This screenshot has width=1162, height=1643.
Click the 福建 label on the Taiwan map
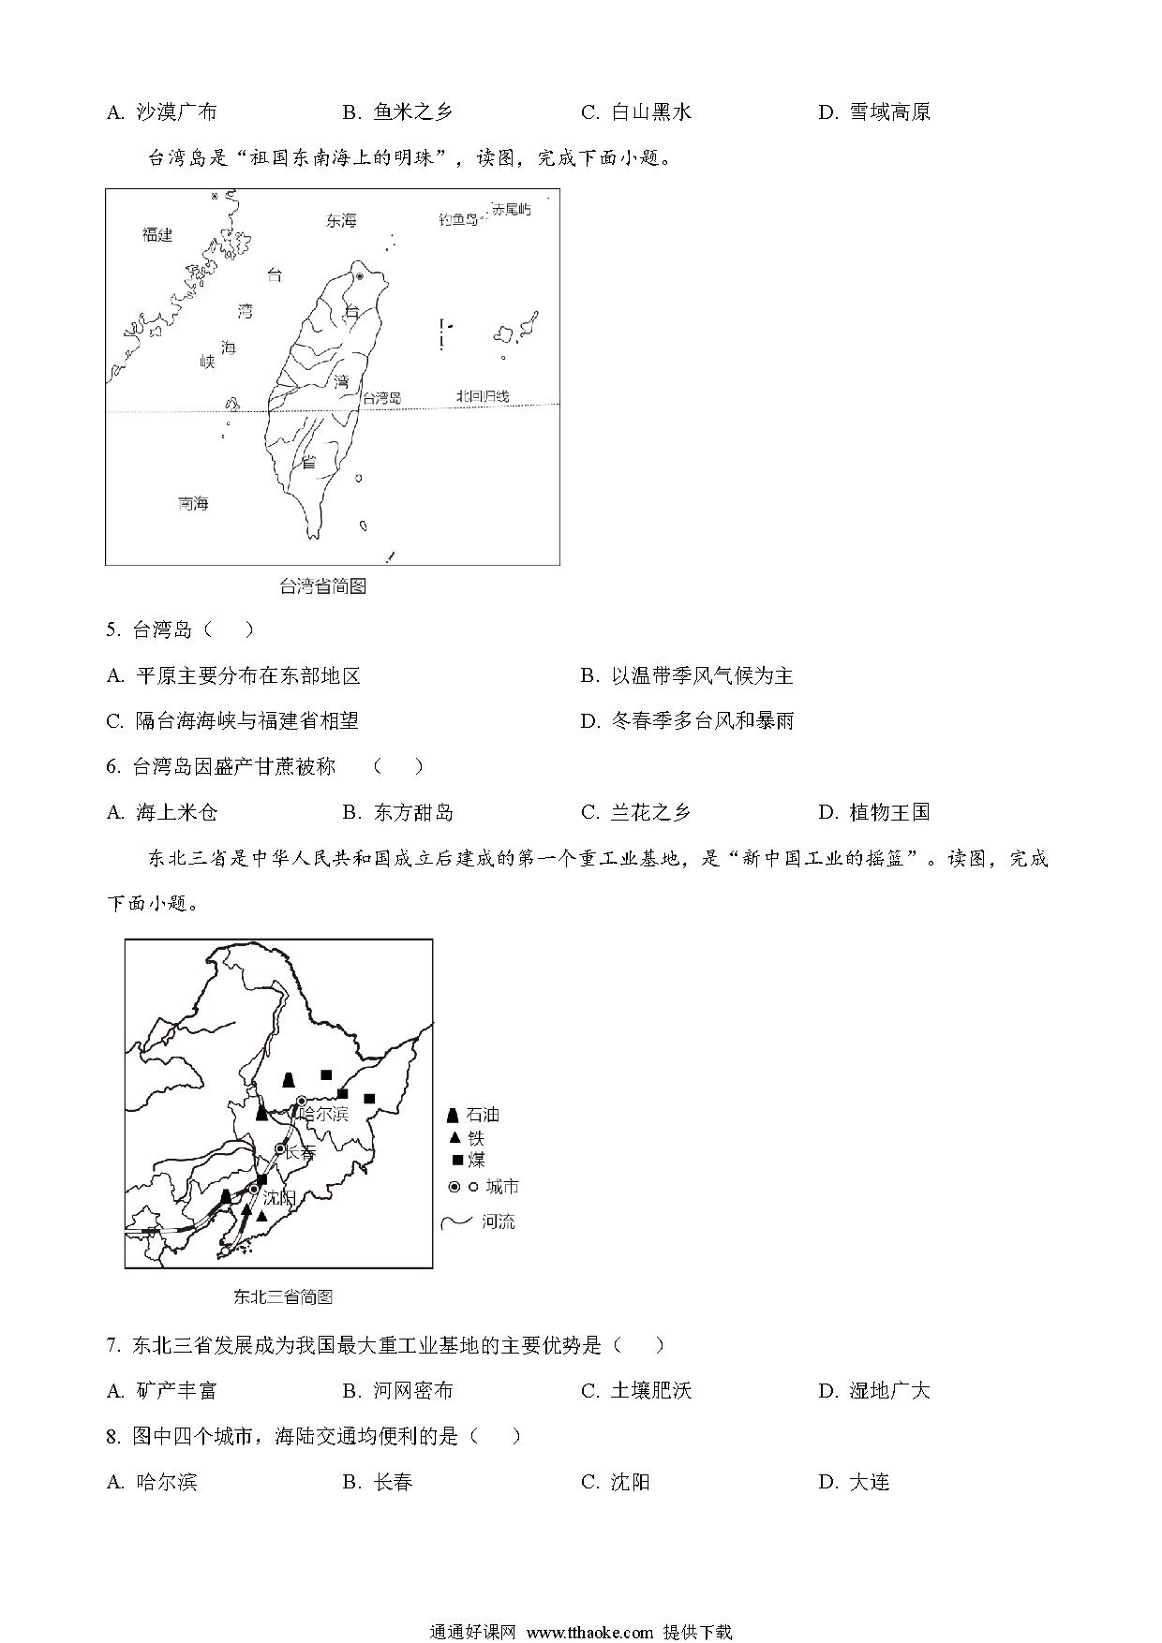(x=157, y=234)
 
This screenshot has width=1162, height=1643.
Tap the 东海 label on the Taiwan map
(x=341, y=221)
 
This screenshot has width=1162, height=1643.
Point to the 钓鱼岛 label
(x=458, y=220)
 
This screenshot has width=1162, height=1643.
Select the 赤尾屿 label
(x=512, y=210)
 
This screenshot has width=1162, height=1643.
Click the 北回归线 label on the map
(x=483, y=396)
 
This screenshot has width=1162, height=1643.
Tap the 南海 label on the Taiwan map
(x=193, y=504)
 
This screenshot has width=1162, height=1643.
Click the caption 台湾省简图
(x=322, y=586)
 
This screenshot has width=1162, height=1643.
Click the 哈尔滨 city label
(x=322, y=1114)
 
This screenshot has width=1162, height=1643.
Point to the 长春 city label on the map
(x=300, y=1152)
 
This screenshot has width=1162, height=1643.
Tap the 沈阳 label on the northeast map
(x=279, y=1198)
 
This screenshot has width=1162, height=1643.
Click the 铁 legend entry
(x=475, y=1138)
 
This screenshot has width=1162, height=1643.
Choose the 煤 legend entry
(x=475, y=1161)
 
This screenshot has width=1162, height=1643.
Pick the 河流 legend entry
(x=497, y=1221)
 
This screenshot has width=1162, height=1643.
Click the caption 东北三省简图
(x=282, y=1297)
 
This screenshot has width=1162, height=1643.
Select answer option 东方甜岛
(x=412, y=812)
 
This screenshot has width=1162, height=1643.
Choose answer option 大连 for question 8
(x=868, y=1482)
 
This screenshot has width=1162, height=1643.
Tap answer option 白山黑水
(x=650, y=112)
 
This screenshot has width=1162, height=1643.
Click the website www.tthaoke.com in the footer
(x=589, y=1632)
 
